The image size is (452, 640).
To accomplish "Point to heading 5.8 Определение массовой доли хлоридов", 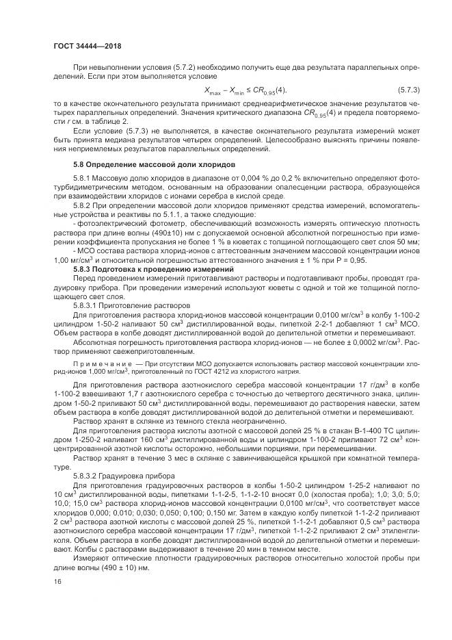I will click(x=154, y=165).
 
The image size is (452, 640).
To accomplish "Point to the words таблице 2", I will click(x=111, y=121).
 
